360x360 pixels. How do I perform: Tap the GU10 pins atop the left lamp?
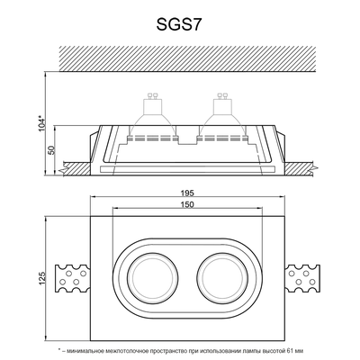pos(149,100)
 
